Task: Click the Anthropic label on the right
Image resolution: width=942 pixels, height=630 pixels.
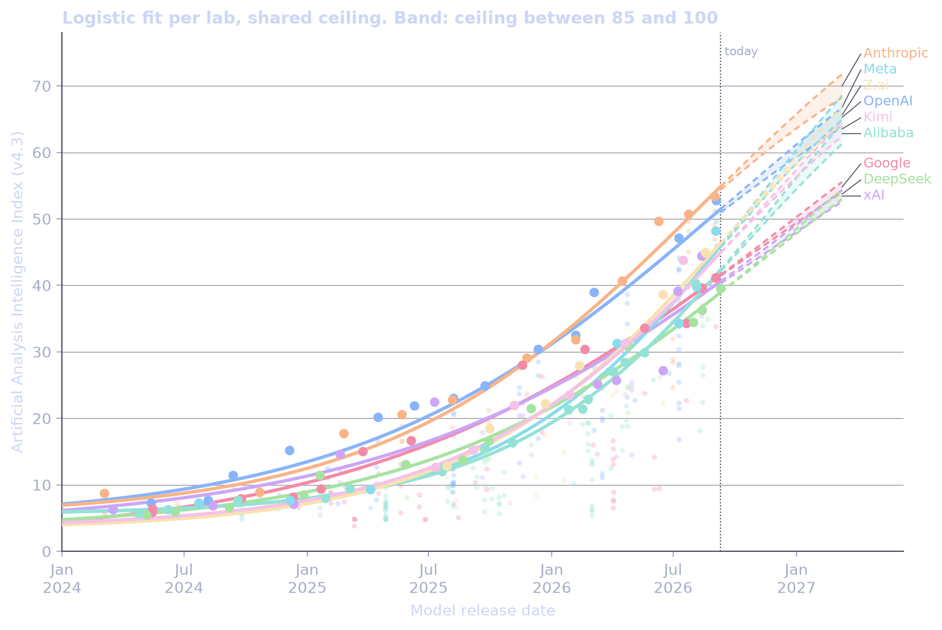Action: click(x=895, y=53)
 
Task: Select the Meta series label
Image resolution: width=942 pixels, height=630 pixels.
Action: click(x=880, y=69)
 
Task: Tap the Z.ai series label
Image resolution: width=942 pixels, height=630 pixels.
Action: click(x=876, y=85)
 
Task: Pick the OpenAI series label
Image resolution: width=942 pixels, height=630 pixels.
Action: click(x=888, y=101)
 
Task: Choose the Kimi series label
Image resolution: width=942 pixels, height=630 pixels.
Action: click(x=877, y=117)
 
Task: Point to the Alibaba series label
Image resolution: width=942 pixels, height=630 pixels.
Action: click(x=888, y=133)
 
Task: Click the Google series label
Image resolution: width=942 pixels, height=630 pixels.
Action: click(x=887, y=163)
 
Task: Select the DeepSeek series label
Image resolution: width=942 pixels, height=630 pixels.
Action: click(x=897, y=179)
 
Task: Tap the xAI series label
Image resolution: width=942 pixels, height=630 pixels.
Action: click(x=874, y=195)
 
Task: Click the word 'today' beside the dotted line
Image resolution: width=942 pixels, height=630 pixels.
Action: click(x=741, y=52)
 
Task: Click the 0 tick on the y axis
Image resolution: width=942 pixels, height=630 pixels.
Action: click(x=48, y=552)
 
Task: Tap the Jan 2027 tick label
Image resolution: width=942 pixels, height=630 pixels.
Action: click(x=796, y=579)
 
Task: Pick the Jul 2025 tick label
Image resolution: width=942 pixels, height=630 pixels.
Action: click(x=429, y=579)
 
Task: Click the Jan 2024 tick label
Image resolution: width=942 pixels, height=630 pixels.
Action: click(x=62, y=579)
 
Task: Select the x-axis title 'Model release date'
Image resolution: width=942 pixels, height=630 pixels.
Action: click(x=483, y=611)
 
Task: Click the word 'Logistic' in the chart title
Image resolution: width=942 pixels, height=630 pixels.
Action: click(x=93, y=18)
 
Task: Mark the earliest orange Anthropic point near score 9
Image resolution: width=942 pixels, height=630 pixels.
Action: click(x=104, y=493)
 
